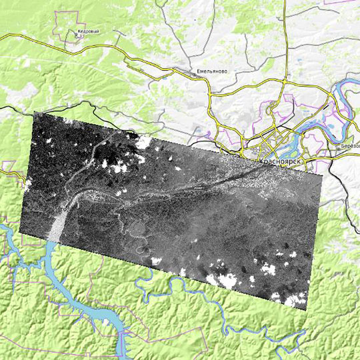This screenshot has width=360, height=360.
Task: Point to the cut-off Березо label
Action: tap(349, 145)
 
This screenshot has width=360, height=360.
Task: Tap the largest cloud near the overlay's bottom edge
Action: tap(223, 281)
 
